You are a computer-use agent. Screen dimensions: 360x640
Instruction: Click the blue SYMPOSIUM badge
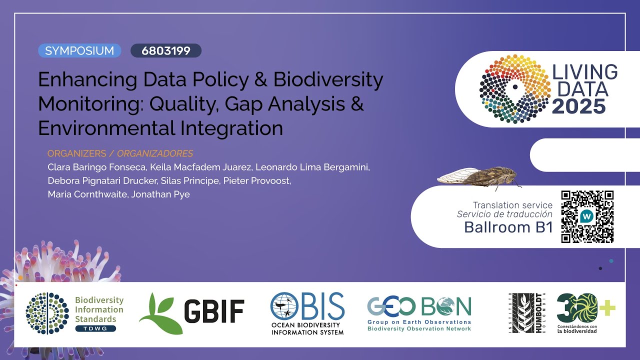tap(79, 50)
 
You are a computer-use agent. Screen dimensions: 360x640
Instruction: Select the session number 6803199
tap(166, 50)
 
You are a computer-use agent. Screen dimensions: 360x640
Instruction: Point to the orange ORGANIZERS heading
tap(77, 153)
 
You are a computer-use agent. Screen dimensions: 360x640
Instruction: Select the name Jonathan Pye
tap(160, 194)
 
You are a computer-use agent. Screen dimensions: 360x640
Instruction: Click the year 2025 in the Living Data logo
tap(579, 106)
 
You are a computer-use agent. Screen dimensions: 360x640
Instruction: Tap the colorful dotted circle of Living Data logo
tap(515, 88)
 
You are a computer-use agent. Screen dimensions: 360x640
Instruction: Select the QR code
tap(587, 216)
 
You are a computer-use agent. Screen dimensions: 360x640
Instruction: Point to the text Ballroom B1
tap(508, 227)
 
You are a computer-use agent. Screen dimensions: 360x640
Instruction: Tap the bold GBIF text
tap(214, 312)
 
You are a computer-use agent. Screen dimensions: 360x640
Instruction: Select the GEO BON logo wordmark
tap(419, 306)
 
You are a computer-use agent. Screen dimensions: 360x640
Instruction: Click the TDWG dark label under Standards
tap(95, 328)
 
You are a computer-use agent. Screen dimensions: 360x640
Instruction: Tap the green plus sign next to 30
tap(607, 308)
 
